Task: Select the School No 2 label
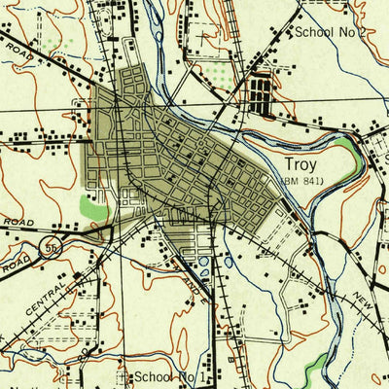point(331,32)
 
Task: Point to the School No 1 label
point(170,375)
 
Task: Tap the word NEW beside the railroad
point(364,298)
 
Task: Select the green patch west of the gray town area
point(92,206)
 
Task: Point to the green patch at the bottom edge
point(315,369)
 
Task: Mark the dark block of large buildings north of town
point(261,94)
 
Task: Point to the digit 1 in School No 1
point(202,375)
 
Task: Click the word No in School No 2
point(345,32)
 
